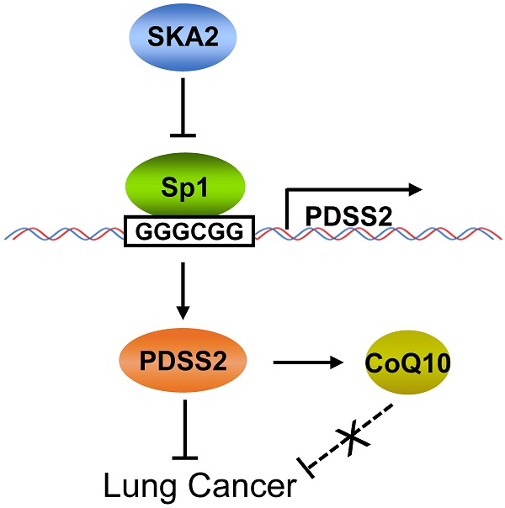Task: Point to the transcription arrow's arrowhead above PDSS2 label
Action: (x=413, y=190)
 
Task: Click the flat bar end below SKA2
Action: (x=184, y=133)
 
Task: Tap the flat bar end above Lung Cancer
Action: (x=184, y=458)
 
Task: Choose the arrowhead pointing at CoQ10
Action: (x=343, y=363)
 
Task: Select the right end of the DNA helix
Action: (x=500, y=230)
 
